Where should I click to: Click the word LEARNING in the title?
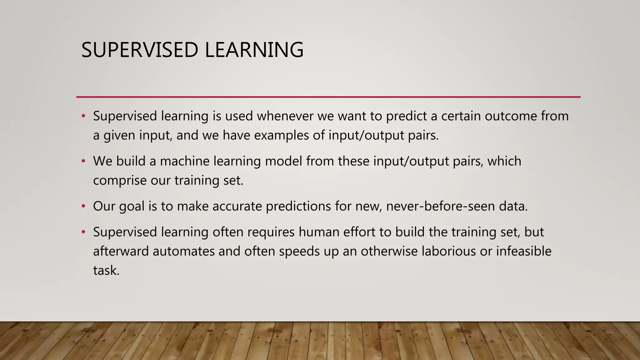(254, 50)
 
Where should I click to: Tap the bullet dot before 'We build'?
(83, 161)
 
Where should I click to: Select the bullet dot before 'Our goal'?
(83, 206)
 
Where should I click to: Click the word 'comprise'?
(120, 181)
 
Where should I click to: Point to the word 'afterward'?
(121, 251)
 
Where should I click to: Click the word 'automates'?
(183, 251)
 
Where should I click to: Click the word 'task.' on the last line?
(106, 271)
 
